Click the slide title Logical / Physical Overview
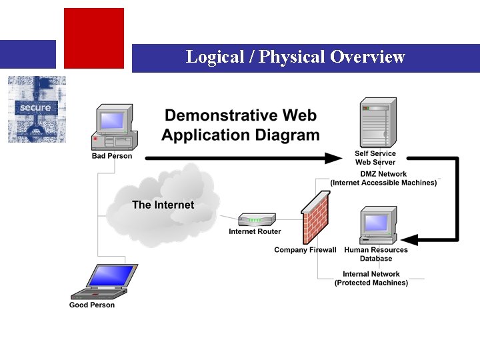click(295, 57)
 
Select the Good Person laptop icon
click(104, 281)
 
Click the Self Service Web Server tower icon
click(378, 123)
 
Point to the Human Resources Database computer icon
click(378, 225)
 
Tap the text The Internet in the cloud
click(163, 205)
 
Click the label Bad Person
click(112, 156)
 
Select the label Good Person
click(92, 305)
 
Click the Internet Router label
click(255, 232)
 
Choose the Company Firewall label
click(305, 251)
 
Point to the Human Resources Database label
click(376, 254)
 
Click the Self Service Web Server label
click(375, 158)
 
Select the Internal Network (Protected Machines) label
click(371, 278)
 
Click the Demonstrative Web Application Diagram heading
click(241, 125)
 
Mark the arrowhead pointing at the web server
click(333, 158)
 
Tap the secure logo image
click(37, 109)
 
